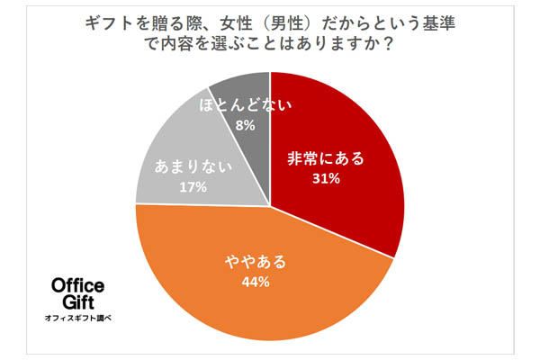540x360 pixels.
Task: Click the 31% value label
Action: click(x=325, y=178)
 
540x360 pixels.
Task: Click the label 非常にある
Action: click(x=326, y=158)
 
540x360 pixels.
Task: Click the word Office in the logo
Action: click(x=76, y=287)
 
